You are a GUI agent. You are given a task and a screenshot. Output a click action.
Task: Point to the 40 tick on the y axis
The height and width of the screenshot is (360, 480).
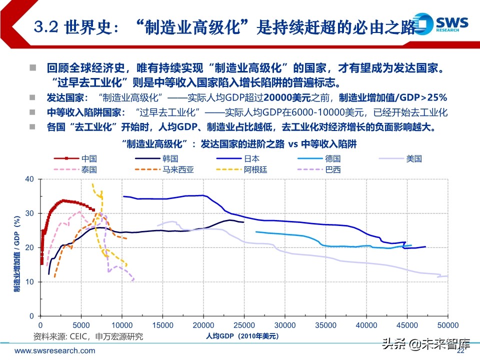(29, 179)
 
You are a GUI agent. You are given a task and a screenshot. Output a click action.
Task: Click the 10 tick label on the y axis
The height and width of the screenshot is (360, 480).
(29, 282)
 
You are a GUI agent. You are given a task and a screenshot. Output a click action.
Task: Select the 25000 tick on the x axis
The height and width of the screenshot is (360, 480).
(243, 324)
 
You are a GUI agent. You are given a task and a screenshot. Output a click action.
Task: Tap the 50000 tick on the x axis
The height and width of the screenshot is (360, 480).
(447, 324)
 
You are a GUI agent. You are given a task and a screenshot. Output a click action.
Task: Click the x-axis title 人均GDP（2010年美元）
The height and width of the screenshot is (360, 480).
(240, 336)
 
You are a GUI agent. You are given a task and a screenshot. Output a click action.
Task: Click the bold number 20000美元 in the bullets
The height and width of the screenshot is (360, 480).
(287, 97)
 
